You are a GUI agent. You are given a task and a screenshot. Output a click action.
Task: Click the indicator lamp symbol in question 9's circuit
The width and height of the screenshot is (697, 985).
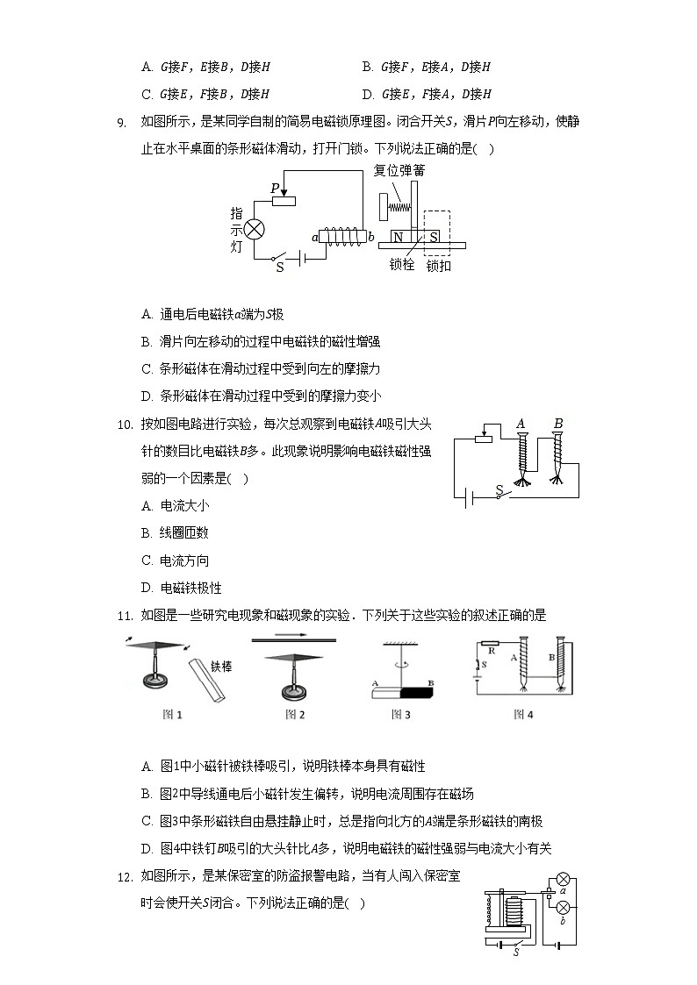[x=255, y=230]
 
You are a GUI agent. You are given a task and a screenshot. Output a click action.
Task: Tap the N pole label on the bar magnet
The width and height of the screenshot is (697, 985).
[x=398, y=238]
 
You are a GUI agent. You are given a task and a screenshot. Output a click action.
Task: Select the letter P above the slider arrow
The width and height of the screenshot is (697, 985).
[x=275, y=188]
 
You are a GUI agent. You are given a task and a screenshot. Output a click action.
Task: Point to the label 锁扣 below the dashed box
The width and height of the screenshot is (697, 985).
[x=438, y=265]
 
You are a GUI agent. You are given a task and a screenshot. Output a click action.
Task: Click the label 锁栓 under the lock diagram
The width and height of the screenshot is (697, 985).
[x=401, y=264]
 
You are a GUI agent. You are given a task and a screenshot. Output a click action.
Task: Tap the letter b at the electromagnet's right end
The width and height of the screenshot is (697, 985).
[x=370, y=237]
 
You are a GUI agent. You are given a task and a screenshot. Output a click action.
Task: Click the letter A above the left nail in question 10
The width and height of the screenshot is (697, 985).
[x=521, y=424]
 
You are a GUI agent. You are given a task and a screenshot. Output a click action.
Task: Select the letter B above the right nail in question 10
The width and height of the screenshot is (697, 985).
[x=557, y=424]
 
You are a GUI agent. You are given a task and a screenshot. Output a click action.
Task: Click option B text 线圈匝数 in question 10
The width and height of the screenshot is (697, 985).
[x=184, y=532]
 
